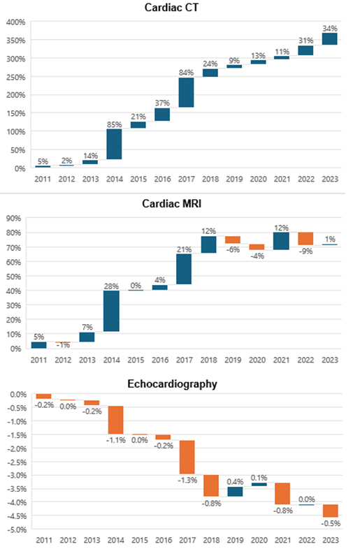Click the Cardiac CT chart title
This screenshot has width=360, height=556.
click(171, 8)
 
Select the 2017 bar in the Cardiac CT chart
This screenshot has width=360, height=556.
click(187, 92)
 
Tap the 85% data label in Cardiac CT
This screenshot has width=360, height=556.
click(115, 124)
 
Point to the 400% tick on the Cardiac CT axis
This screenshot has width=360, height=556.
click(16, 22)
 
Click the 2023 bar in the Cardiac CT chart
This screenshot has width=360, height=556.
click(330, 38)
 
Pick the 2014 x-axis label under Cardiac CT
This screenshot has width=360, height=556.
click(115, 179)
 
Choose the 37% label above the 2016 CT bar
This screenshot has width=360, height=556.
click(162, 103)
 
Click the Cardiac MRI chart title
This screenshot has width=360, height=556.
click(171, 203)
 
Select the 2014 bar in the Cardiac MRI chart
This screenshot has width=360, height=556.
click(111, 311)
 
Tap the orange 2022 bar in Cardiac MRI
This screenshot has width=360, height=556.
click(305, 239)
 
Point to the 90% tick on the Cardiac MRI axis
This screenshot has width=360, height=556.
click(14, 219)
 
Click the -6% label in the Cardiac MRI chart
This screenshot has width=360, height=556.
click(233, 249)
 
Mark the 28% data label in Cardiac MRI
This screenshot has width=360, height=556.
click(111, 286)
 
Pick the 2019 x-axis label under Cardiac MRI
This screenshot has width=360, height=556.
click(233, 360)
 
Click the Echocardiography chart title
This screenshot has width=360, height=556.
click(172, 384)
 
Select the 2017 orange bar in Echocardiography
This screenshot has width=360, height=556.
click(187, 457)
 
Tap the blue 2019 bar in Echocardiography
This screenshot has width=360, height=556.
click(235, 492)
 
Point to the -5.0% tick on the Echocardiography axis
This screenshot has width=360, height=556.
click(17, 529)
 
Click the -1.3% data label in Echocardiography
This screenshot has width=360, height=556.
click(187, 480)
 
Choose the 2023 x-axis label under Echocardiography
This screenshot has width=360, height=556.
click(331, 540)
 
